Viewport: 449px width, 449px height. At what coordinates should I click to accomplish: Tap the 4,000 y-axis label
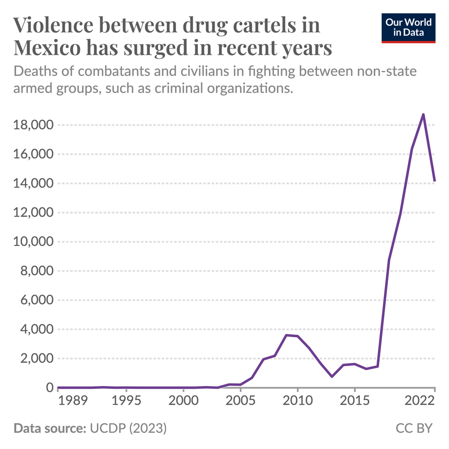click(35, 330)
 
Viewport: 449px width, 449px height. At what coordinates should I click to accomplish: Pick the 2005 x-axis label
click(240, 400)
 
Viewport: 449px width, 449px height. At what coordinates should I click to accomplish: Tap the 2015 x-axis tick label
click(354, 400)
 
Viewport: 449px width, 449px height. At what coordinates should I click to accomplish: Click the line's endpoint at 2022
click(435, 180)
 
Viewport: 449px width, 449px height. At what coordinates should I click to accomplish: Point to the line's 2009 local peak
click(286, 335)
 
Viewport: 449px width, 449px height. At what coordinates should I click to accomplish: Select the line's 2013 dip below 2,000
click(332, 376)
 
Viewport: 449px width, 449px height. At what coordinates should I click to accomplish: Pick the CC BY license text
click(414, 428)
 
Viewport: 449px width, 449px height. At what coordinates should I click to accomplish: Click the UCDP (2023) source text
click(128, 428)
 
